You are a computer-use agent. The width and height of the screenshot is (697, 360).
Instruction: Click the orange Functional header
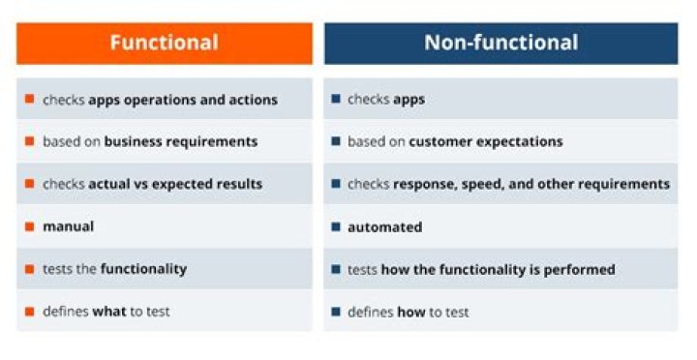164,43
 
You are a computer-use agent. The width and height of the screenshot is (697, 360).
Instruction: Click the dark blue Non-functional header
500,43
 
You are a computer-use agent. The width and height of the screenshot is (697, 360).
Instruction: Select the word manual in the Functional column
68,226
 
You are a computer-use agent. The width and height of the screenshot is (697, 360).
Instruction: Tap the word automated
384,226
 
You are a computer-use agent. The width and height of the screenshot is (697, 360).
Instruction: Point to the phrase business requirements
181,141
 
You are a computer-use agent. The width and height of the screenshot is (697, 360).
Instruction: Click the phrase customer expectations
485,141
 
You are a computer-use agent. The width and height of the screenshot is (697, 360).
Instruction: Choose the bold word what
109,312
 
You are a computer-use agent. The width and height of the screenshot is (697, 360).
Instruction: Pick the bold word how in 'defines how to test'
410,312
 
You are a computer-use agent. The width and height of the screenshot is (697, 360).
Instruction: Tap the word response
425,184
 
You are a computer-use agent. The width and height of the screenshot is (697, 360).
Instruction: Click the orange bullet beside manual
30,226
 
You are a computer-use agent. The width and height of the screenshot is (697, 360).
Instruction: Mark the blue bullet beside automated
335,226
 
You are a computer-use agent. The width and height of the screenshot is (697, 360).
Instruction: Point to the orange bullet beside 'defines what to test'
30,312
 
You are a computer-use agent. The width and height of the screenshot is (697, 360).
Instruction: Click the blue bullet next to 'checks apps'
335,99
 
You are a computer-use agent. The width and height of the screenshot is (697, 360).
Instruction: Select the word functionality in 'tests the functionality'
143,269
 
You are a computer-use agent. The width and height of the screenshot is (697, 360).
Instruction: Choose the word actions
252,99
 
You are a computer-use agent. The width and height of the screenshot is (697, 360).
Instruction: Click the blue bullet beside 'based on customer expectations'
335,141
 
